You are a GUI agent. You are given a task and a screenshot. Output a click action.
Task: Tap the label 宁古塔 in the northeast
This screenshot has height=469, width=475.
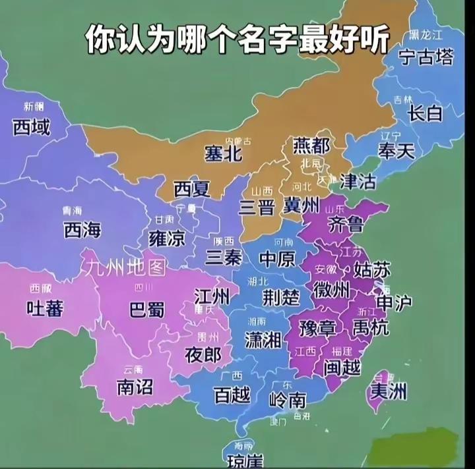tap(426, 58)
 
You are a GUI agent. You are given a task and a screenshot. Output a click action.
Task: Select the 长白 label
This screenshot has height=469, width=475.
tap(426, 113)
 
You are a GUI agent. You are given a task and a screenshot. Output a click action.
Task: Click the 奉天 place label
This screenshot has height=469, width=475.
tap(396, 151)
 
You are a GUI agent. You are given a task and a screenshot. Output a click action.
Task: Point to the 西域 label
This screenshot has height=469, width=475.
tap(31, 127)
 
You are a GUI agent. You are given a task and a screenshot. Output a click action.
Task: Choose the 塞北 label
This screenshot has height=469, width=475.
tap(222, 154)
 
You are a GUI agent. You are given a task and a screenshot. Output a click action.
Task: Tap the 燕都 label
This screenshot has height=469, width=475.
tap(311, 145)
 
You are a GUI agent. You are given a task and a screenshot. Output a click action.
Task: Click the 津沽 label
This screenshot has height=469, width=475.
tap(358, 181)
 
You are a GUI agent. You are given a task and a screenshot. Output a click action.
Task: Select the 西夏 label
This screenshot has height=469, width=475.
tap(192, 190)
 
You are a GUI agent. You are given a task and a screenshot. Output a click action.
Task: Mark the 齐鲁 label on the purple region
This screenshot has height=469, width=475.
tap(346, 224)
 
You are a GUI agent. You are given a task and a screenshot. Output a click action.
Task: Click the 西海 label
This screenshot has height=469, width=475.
tap(82, 229)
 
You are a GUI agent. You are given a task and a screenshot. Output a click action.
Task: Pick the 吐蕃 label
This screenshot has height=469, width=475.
tap(45, 307)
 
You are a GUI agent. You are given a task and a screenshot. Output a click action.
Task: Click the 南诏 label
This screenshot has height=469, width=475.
tap(135, 387)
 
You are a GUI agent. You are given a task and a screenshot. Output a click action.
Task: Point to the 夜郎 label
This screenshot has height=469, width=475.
tap(203, 355)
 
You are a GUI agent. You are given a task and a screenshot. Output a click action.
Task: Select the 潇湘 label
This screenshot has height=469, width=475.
tap(263, 340)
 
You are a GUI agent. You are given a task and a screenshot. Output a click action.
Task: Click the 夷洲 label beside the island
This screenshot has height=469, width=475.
tap(388, 392)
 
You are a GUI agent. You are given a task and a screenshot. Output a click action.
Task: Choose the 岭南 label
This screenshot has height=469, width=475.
tap(288, 399)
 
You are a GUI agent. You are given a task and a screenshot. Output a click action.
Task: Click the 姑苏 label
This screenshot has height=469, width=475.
tap(372, 269)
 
